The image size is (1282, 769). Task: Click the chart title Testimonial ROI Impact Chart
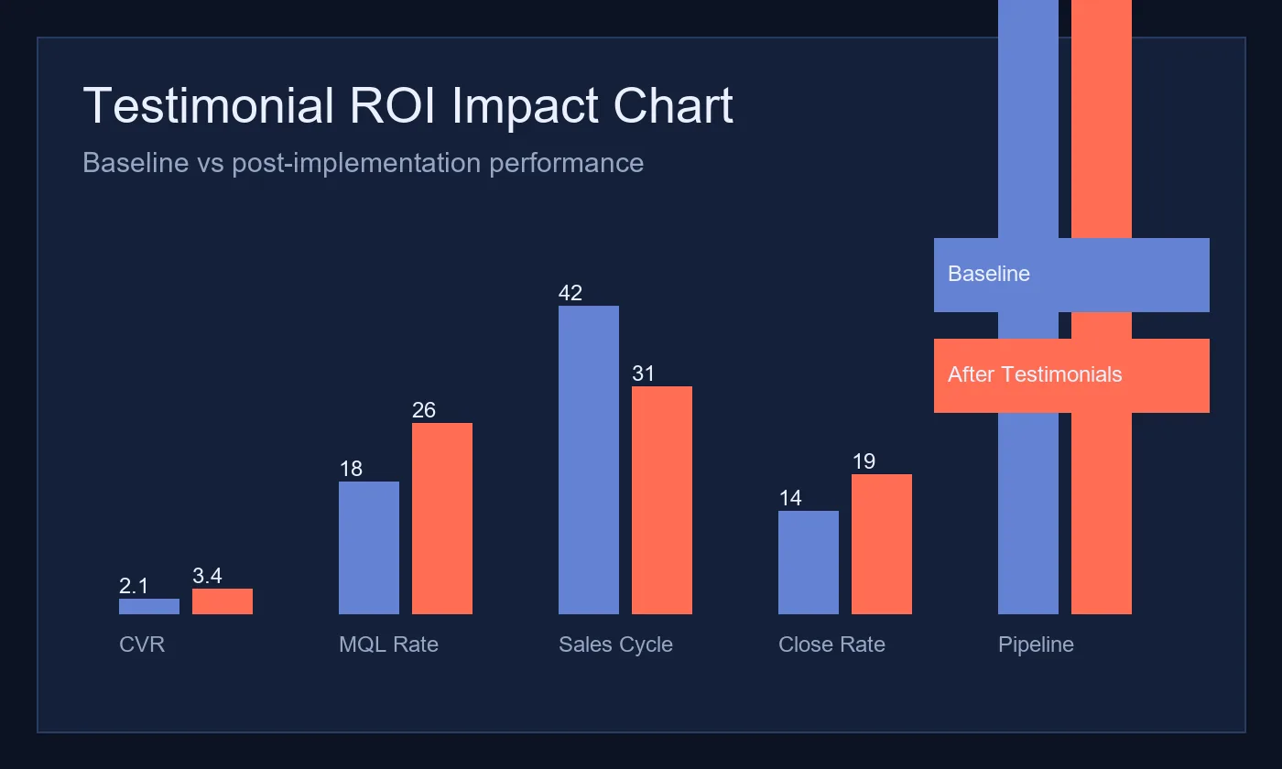click(407, 106)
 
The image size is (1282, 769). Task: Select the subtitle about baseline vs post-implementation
click(363, 163)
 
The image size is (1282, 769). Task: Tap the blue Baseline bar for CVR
click(149, 606)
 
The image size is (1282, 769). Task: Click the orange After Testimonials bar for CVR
click(223, 601)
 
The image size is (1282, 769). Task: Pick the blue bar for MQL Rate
click(369, 547)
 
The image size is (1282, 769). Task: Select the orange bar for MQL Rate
click(442, 518)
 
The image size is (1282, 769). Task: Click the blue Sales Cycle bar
click(589, 460)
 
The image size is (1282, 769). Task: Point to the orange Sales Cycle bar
click(662, 500)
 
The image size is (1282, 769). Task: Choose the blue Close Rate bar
click(809, 562)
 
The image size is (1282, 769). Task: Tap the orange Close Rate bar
click(882, 544)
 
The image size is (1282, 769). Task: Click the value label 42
click(570, 293)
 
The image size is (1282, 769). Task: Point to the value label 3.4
click(207, 576)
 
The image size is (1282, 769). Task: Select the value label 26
click(424, 410)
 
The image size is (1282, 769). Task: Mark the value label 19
click(864, 461)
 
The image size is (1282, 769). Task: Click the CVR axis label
click(142, 644)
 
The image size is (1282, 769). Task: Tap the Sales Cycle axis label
click(615, 644)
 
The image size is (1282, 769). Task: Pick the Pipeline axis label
click(1036, 644)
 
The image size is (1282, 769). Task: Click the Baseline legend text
click(989, 274)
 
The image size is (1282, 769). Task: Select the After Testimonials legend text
click(1035, 374)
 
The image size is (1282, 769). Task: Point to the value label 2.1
click(134, 586)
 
